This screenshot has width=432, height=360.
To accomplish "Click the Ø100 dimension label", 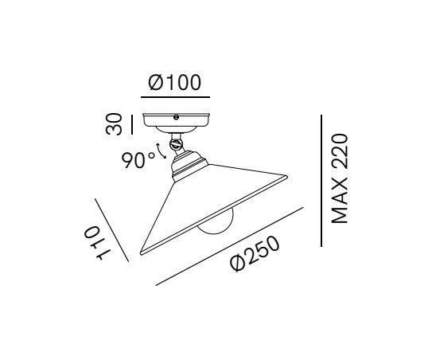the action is pos(175,83).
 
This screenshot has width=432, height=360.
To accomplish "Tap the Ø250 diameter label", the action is pos(255,254).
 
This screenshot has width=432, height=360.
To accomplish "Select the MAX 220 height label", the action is pos(340,178).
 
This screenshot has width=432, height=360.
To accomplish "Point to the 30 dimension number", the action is pos(114,124).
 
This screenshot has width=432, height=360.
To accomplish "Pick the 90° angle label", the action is pos(138,161).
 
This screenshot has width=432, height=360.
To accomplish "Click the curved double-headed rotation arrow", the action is pos(161,151).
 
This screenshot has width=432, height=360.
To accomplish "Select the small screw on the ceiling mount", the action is pos(176,117).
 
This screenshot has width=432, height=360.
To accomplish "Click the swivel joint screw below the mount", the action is pos(175,144).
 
